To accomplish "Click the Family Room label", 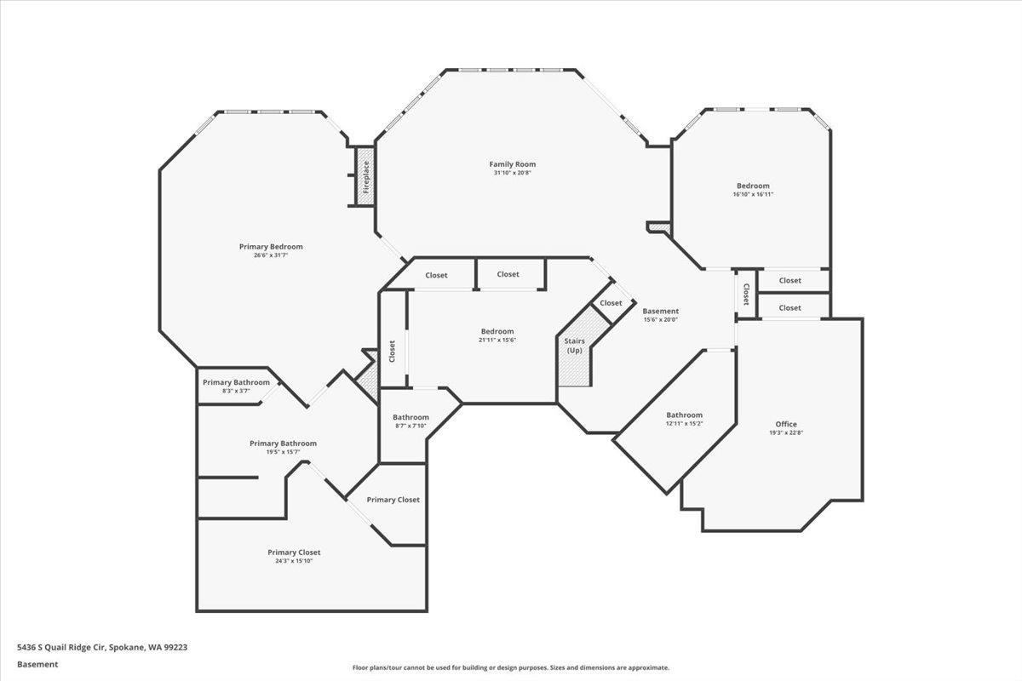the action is (513, 164).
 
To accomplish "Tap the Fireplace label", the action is (366, 177).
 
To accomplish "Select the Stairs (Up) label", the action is (574, 346).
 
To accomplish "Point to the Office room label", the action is (786, 424).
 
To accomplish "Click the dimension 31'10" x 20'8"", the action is (513, 173).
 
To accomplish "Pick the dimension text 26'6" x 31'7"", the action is (271, 255).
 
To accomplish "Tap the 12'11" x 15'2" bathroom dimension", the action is (685, 423).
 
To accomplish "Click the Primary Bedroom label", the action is (271, 247).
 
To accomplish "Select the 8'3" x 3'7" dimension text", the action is (237, 391).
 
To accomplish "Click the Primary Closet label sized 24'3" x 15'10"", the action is (294, 552).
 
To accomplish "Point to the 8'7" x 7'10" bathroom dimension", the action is (411, 426).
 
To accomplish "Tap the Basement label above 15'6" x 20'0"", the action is (661, 311).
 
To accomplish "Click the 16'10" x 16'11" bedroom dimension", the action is (753, 194).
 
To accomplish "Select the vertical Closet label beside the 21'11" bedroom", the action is (392, 352).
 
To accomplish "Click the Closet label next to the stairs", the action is (611, 303).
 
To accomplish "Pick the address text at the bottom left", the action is (102, 647).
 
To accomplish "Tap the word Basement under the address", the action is (37, 665).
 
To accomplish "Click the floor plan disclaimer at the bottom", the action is (510, 667).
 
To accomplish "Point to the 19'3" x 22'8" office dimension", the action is (786, 433).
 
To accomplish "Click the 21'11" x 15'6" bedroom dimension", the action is (497, 340).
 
